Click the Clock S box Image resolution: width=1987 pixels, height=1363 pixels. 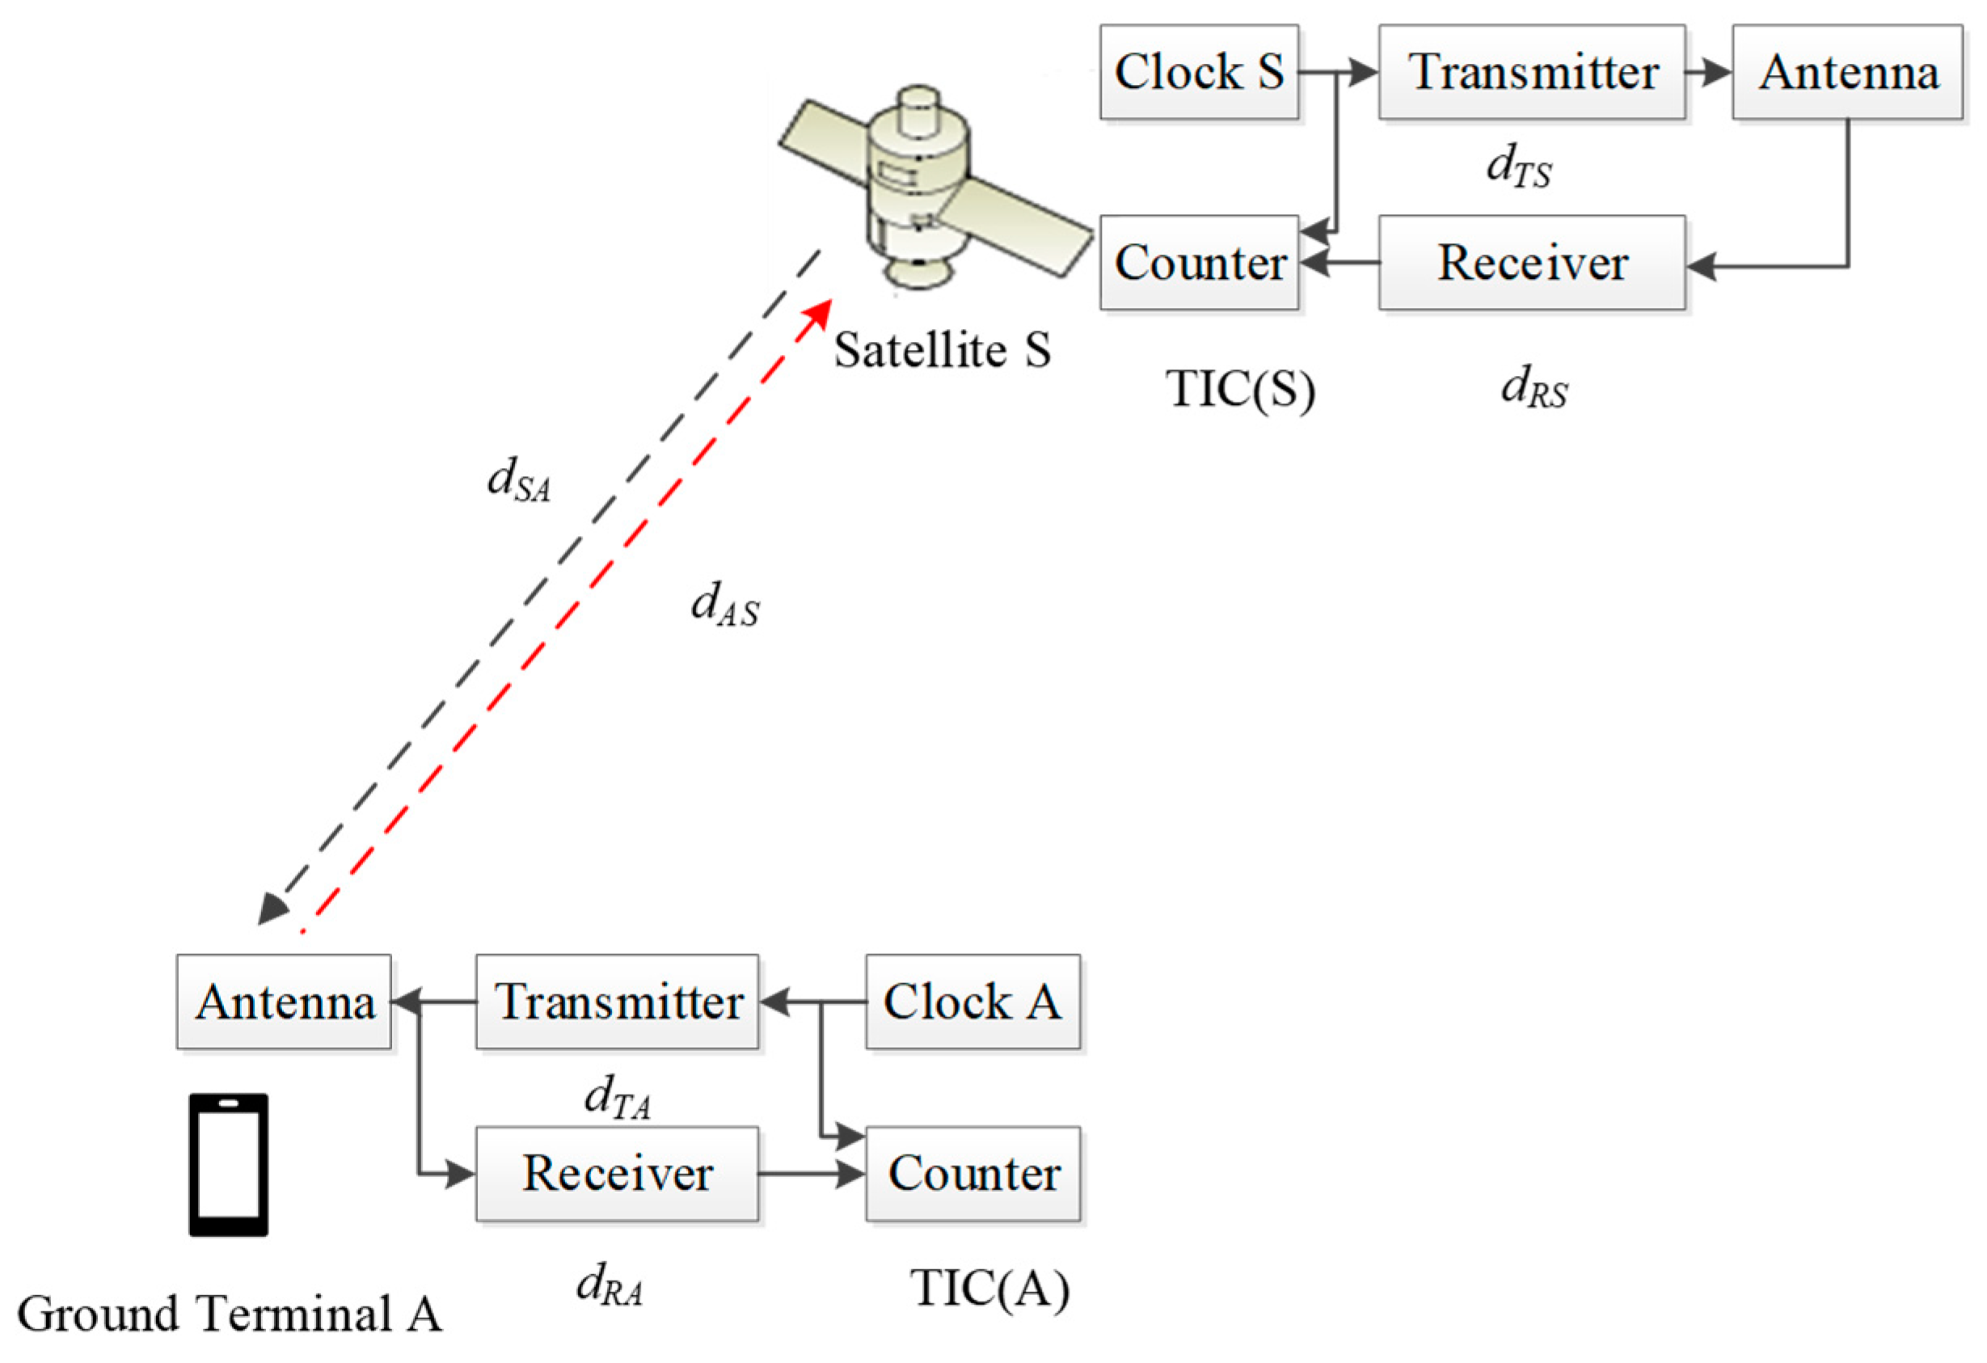1199,72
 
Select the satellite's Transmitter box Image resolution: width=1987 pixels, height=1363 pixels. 1531,72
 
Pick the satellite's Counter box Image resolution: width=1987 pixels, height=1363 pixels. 1199,263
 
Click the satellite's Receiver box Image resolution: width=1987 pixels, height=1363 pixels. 1531,263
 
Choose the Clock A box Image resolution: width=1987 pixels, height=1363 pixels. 972,1002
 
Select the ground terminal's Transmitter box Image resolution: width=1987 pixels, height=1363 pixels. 617,1002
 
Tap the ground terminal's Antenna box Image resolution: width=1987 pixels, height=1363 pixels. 284,1002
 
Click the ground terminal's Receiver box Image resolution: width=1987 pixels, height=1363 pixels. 617,1173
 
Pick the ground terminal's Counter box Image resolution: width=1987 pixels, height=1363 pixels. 972,1173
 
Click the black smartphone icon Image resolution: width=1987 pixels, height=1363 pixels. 228,1165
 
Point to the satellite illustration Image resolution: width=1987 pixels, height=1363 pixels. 928,188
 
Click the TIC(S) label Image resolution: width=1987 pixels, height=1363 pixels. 1240,390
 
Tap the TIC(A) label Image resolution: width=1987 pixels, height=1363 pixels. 989,1289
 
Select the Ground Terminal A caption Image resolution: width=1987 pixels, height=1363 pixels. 229,1314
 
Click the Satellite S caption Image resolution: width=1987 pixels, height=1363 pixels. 941,351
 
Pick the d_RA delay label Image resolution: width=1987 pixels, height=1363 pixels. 609,1285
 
